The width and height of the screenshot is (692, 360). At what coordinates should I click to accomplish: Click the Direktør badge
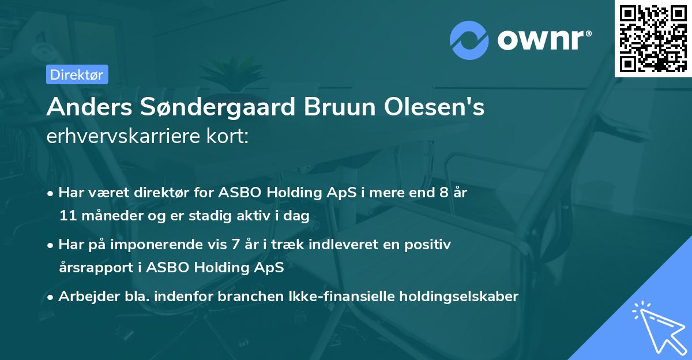(77, 74)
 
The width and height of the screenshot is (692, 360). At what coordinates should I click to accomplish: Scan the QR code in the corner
(653, 38)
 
